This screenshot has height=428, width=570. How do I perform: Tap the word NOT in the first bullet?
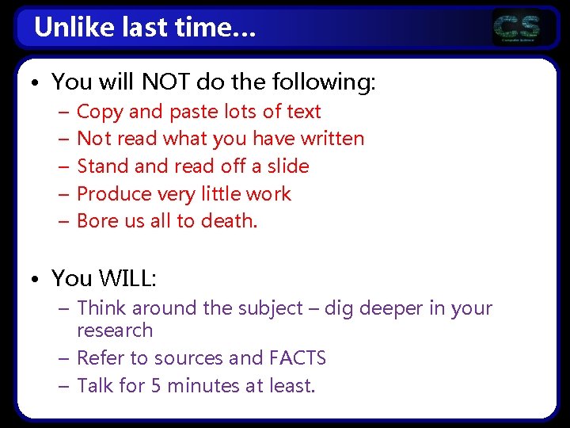[162, 81]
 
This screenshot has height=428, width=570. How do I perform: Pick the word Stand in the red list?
[101, 166]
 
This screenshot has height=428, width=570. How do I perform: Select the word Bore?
[97, 221]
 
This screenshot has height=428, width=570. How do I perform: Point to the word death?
[233, 221]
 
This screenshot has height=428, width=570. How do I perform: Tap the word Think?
[102, 308]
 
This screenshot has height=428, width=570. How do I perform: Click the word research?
[115, 330]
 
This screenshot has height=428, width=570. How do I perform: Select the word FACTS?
[297, 358]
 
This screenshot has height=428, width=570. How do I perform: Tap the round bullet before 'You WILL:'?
[38, 279]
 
